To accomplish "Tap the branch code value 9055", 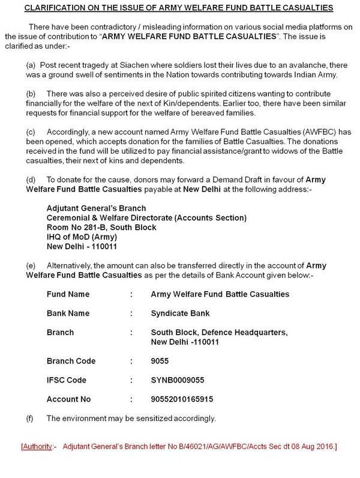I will point(161,361).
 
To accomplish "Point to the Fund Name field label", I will point(68,294).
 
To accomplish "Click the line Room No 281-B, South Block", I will point(101,228).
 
